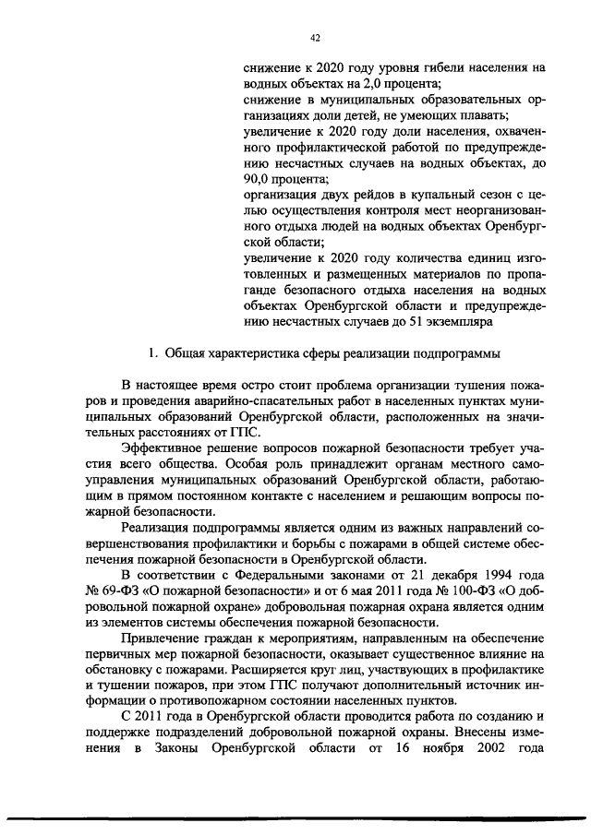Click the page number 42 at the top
(315, 38)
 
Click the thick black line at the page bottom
(295, 817)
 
